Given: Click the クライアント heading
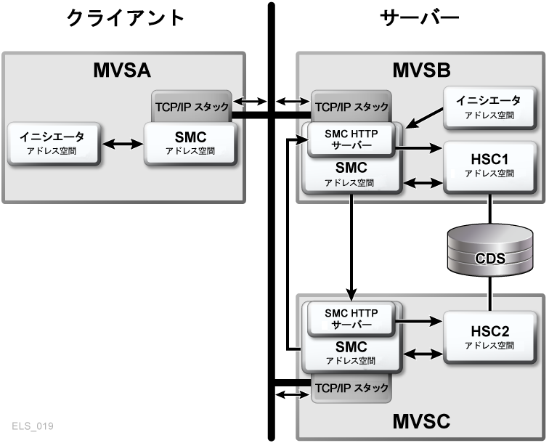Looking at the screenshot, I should pyautogui.click(x=126, y=18).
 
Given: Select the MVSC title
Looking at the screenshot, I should pyautogui.click(x=422, y=420).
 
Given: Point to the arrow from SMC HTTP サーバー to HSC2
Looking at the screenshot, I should pyautogui.click(x=419, y=318).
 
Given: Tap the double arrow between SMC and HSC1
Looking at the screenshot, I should pyautogui.click(x=423, y=182).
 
